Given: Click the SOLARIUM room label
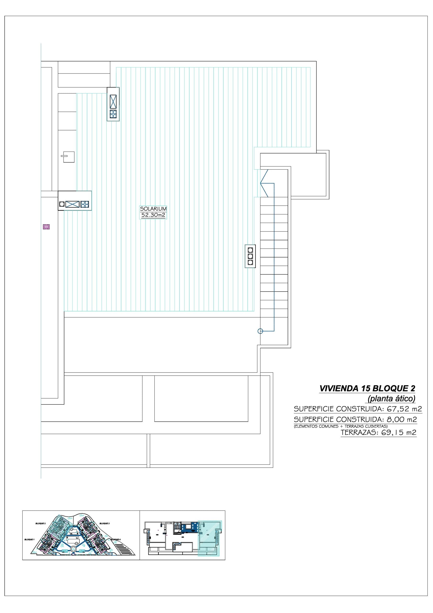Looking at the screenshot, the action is (x=153, y=209).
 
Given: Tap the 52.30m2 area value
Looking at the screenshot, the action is (x=153, y=215).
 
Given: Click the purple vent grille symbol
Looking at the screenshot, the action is (x=46, y=227).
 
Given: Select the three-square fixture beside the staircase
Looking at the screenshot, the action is (x=250, y=256).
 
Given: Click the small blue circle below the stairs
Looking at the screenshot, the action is (x=260, y=331).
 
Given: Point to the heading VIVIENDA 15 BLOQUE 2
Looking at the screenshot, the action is (x=367, y=388).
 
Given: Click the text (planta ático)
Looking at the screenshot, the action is (x=391, y=399).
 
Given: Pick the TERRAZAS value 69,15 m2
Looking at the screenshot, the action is (x=399, y=432).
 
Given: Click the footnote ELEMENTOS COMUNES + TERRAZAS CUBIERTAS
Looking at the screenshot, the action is (x=341, y=426).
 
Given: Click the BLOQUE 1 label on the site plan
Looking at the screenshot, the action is (x=29, y=539).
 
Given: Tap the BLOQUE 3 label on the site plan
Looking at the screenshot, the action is (x=104, y=523).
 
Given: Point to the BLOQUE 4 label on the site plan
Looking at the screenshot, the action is (x=116, y=539).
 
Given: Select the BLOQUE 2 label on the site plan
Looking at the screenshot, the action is (x=41, y=523).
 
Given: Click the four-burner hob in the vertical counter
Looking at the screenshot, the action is (x=113, y=114).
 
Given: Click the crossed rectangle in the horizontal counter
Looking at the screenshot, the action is (x=72, y=204).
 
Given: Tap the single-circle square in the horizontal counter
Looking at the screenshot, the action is (x=62, y=204).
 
